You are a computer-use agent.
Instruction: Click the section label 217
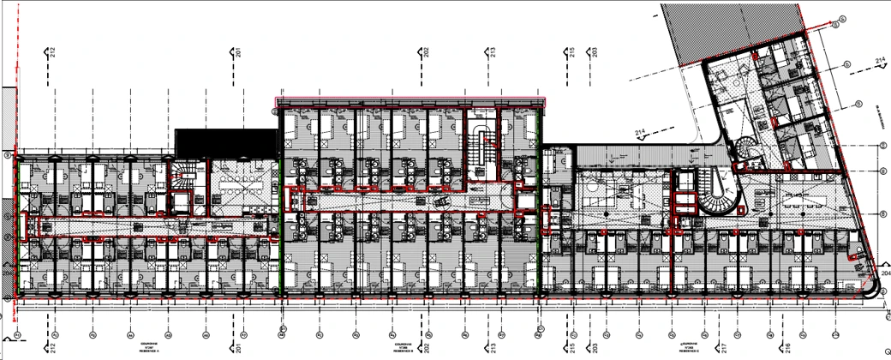coord(726,349)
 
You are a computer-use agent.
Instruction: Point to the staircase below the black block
coord(182,179)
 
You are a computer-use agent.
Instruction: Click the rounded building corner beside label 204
coord(871,290)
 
